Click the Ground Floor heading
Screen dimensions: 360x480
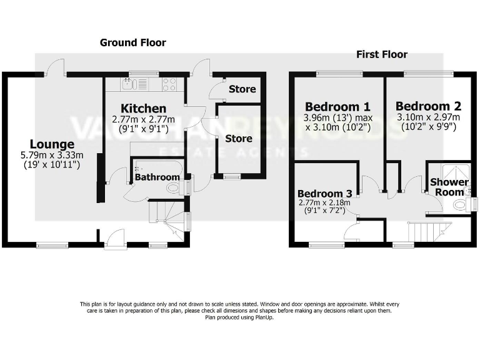133,42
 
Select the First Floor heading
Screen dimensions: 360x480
382,54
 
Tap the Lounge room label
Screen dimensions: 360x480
52,144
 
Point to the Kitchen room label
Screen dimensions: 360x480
144,109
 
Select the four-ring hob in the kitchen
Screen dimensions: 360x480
169,84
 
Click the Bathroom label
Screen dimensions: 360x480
157,177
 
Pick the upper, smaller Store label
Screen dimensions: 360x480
242,89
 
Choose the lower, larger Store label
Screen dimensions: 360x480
239,138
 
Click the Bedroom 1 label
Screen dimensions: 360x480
337,106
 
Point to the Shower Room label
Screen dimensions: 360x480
449,187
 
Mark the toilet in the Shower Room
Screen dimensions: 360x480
460,204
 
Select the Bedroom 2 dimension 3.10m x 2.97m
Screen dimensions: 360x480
428,117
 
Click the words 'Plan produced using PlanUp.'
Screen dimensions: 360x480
239,317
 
